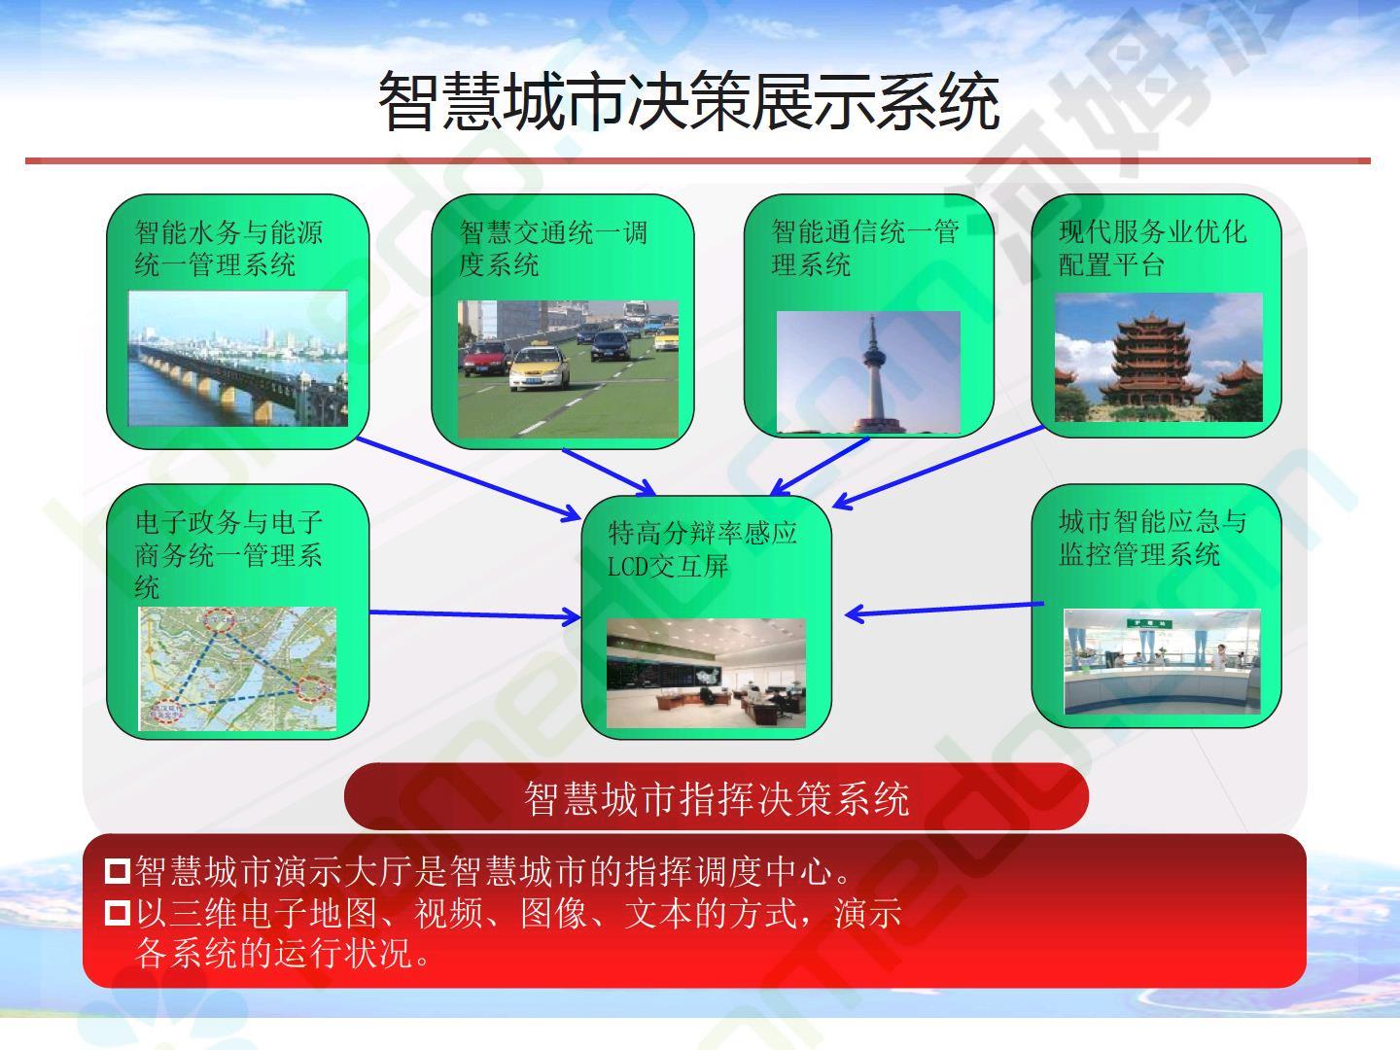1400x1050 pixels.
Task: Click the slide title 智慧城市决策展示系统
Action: pos(689,101)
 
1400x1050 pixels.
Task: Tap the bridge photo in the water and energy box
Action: pos(238,359)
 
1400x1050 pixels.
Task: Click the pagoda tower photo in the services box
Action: pos(1158,357)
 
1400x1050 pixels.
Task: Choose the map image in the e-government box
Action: pos(237,669)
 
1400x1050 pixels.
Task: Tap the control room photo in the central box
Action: pos(706,673)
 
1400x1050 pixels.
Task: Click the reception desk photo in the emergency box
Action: pos(1162,661)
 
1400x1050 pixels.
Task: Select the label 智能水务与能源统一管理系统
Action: pos(228,249)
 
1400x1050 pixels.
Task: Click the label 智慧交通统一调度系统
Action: pos(553,249)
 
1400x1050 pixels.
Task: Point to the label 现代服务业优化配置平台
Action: pos(1152,249)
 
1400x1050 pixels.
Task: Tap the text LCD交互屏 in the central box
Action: pos(668,566)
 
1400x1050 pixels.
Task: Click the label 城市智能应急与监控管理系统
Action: pos(1152,538)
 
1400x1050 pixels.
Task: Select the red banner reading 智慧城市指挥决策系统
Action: pos(717,797)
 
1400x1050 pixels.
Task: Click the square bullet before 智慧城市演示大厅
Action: pos(118,871)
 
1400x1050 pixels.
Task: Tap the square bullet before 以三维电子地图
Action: pos(118,913)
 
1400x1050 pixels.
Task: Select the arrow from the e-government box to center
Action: pos(475,614)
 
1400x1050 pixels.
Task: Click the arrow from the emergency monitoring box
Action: pos(944,609)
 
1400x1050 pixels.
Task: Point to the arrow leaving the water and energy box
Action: pos(469,478)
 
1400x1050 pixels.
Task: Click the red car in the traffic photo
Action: pos(487,359)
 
